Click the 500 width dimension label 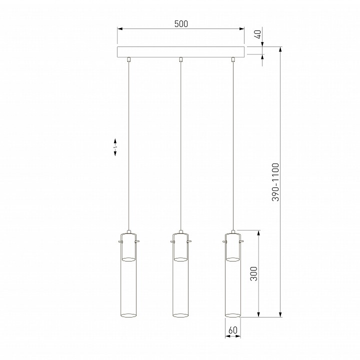(181, 23)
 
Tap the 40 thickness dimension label (258, 34)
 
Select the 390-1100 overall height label (275, 182)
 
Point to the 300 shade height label (253, 273)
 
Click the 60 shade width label (233, 330)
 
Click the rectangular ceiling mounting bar (180, 52)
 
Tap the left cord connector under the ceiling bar (128, 59)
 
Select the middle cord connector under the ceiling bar (181, 59)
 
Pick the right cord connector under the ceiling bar (233, 59)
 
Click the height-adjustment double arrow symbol (115, 147)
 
